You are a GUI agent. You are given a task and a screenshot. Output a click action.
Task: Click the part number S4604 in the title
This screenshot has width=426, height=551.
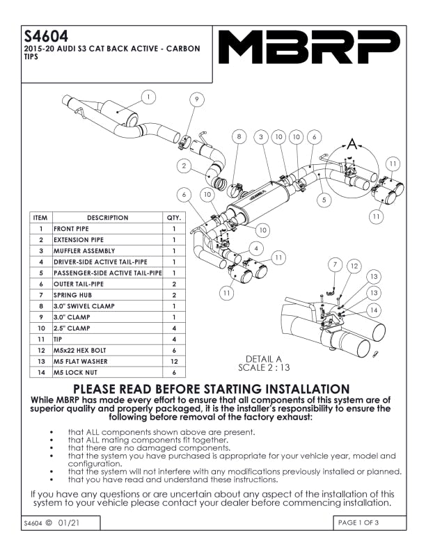point(46,36)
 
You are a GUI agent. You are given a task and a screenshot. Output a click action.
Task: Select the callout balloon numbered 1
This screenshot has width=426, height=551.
point(150,96)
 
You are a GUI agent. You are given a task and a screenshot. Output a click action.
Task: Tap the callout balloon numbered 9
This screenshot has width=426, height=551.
point(197,99)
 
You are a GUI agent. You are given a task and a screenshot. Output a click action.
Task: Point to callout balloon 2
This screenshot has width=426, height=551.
point(183,166)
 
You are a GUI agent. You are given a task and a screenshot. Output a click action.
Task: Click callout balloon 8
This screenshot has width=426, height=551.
point(239,137)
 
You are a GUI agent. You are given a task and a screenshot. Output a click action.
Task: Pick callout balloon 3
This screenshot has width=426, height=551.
point(261,137)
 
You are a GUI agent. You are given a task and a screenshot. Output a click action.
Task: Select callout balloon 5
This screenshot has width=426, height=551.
point(324,200)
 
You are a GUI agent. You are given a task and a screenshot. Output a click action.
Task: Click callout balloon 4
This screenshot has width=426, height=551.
point(258,248)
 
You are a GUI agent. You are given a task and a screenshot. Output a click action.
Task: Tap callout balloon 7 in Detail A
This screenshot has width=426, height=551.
point(335,265)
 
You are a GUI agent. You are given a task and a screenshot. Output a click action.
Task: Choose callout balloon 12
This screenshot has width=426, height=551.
point(354,265)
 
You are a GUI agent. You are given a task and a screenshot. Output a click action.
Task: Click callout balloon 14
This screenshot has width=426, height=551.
point(374,310)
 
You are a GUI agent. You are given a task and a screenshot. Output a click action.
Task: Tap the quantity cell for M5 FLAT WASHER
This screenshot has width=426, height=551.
point(174,362)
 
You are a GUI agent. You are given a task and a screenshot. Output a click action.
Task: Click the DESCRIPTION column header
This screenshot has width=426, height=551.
point(107,218)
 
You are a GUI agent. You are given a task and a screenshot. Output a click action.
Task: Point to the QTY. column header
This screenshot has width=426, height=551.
point(174,218)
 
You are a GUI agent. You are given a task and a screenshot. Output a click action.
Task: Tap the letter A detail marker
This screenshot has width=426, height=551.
point(352,144)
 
